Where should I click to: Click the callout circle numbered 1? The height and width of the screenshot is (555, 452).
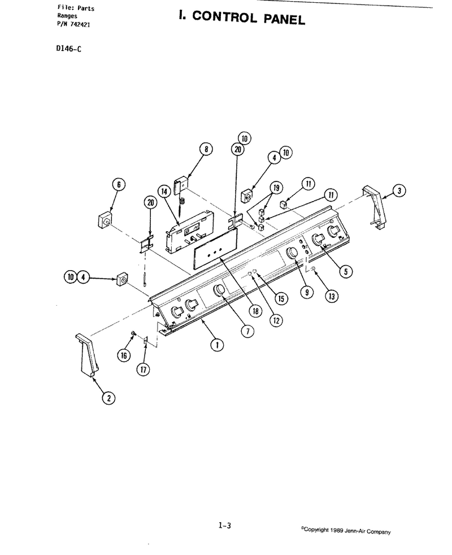click(217, 344)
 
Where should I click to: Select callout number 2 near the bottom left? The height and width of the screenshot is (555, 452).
click(108, 398)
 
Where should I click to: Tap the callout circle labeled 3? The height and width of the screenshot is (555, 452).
click(399, 191)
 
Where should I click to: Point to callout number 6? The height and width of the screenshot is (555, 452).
click(119, 184)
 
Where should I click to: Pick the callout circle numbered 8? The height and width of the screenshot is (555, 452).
click(207, 149)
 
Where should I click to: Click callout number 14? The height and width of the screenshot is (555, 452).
click(164, 192)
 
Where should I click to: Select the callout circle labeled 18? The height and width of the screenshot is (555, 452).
click(255, 311)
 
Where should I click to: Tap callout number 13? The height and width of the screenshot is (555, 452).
click(332, 296)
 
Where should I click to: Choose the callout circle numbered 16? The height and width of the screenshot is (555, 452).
click(124, 355)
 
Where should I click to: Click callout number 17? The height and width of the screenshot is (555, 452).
click(143, 370)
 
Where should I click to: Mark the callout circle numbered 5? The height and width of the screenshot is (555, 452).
click(346, 271)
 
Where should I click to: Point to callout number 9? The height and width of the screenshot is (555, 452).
click(307, 292)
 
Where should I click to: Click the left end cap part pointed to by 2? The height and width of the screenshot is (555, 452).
click(86, 354)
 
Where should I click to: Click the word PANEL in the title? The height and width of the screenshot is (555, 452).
click(284, 19)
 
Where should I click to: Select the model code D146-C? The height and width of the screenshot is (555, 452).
click(69, 49)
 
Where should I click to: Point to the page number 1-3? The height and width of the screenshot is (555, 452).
click(225, 526)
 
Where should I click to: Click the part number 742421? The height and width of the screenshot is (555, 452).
click(80, 24)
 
